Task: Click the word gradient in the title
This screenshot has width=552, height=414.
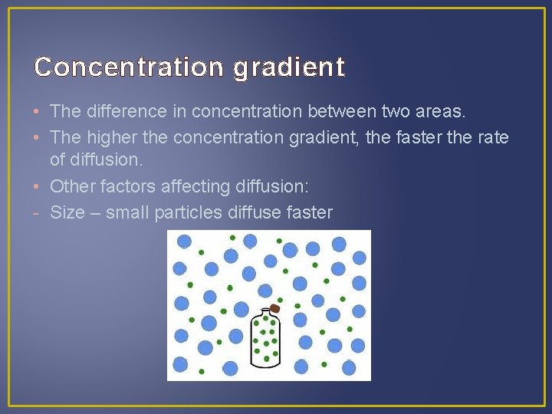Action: click(x=289, y=67)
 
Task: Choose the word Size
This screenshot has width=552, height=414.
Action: click(x=67, y=212)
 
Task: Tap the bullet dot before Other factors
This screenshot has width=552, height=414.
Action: click(x=38, y=187)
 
